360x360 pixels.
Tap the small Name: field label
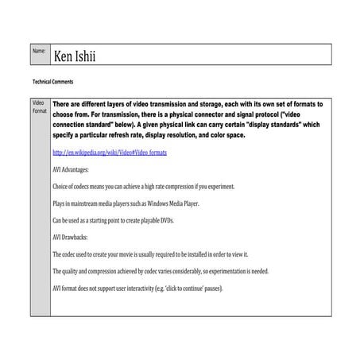38,51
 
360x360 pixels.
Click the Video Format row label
38,109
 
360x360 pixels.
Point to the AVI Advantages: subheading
72,169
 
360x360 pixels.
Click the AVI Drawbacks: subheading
72,236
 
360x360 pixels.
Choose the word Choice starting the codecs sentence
62,186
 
